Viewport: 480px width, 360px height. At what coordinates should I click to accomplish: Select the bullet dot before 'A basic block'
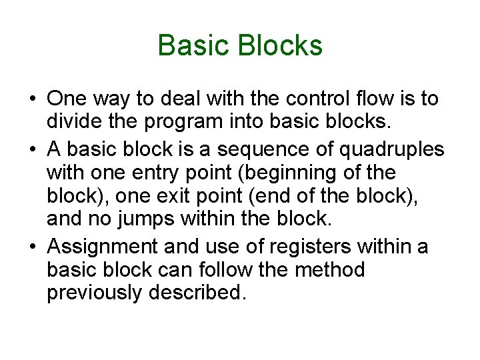click(x=33, y=149)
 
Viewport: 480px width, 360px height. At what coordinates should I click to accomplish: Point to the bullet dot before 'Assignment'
click(x=33, y=246)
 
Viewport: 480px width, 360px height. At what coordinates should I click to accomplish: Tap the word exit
click(x=183, y=197)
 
